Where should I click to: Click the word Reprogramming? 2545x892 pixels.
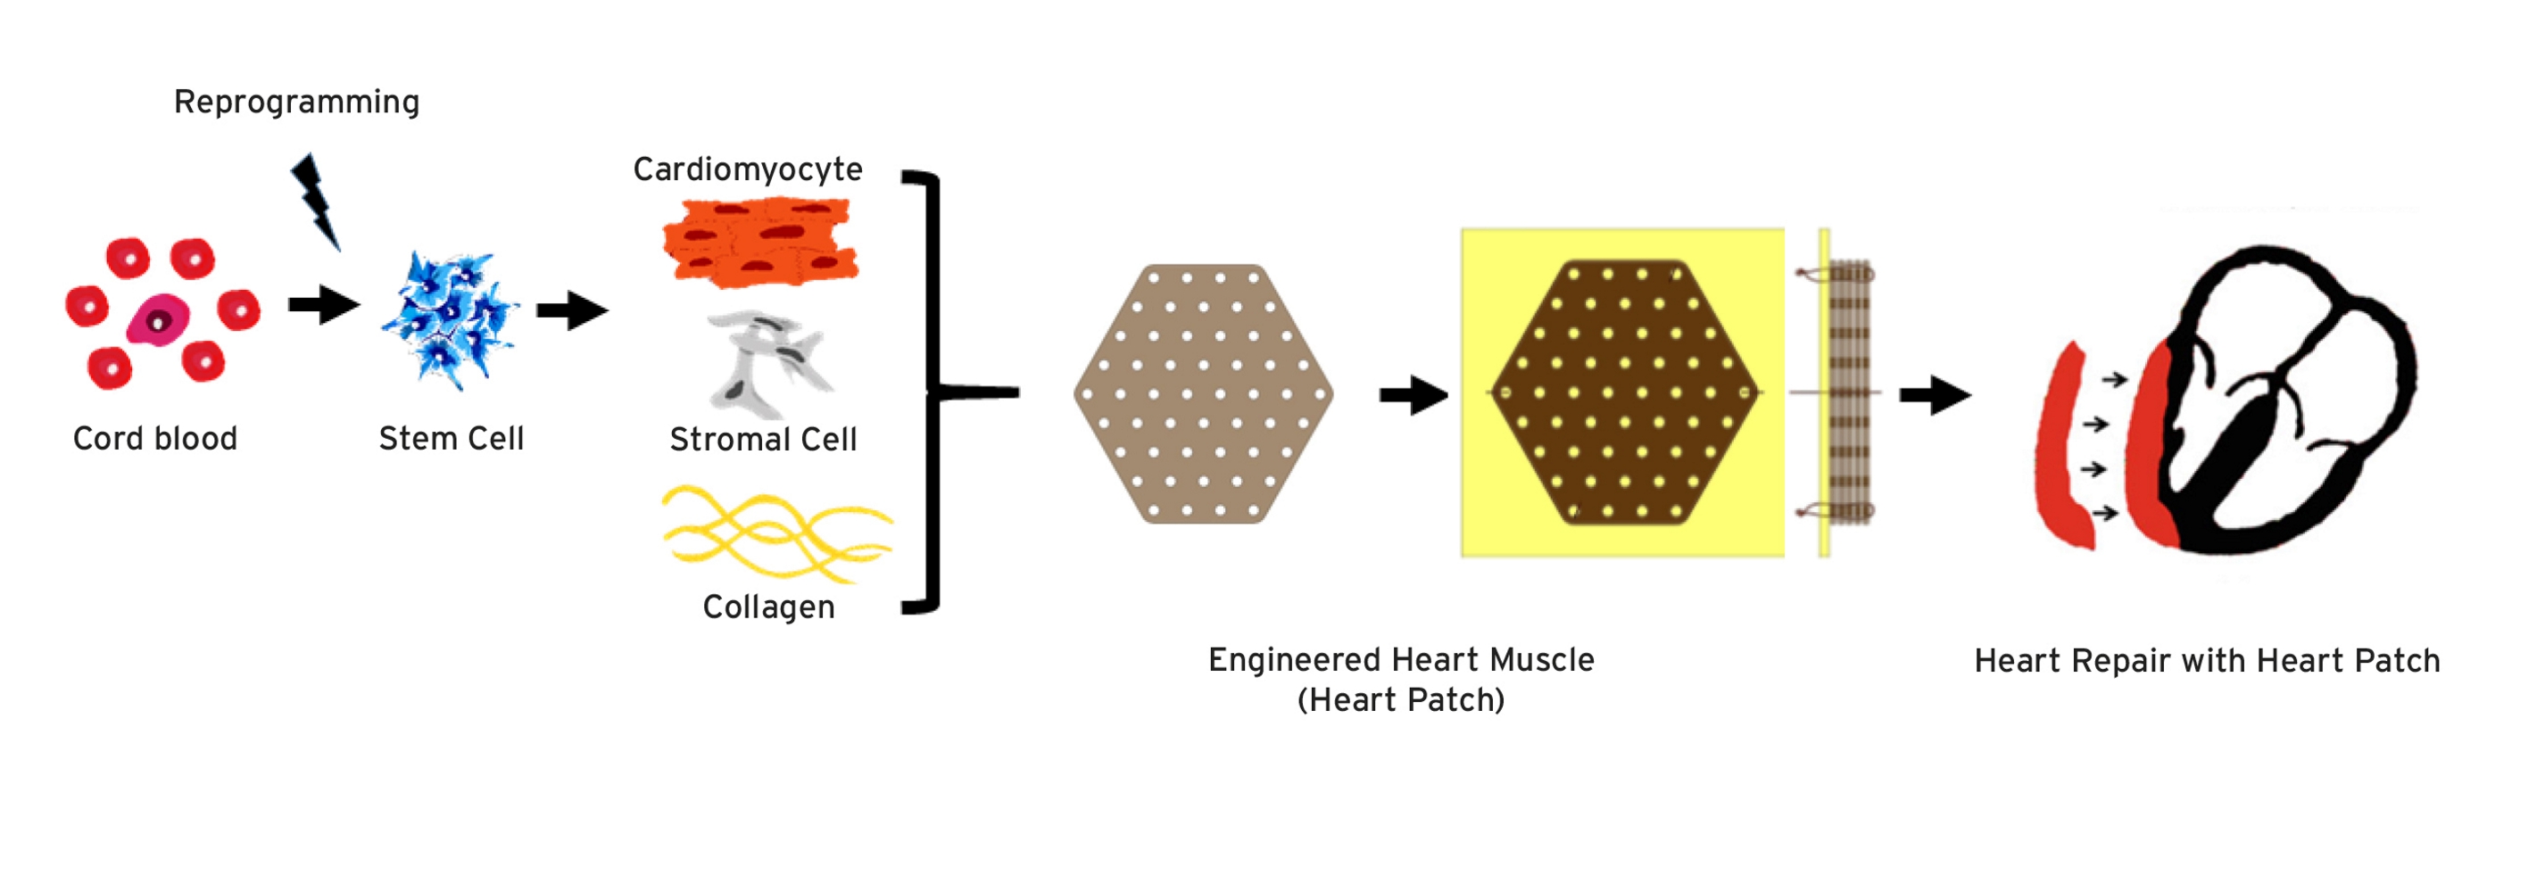296,103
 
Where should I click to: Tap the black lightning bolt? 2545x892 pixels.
316,201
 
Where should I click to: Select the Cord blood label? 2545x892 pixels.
155,439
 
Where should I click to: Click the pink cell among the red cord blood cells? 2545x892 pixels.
158,320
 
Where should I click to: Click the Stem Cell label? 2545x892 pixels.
452,439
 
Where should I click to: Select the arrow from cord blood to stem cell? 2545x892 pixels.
324,305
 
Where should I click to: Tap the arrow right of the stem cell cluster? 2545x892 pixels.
572,311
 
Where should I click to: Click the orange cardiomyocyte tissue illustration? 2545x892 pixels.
759,243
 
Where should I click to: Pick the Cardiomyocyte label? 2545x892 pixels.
748,169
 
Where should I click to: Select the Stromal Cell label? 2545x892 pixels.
763,440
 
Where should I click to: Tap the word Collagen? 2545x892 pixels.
768,607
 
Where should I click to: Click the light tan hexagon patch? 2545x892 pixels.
1203,393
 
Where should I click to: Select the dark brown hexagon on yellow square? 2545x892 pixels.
1624,392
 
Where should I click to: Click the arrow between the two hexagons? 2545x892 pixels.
1413,395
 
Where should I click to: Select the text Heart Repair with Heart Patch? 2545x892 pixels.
2207,661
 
